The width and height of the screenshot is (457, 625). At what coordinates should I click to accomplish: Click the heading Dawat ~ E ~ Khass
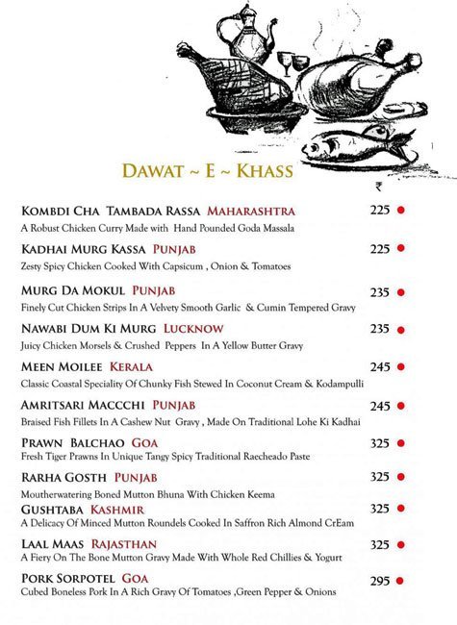coord(207,170)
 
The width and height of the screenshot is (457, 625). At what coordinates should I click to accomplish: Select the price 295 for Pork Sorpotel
coord(379,581)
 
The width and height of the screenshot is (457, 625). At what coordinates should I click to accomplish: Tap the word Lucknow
coord(196,329)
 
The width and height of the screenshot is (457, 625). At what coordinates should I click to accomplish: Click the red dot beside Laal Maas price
coord(400,545)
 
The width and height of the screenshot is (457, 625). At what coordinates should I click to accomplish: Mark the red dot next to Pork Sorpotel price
coord(400,581)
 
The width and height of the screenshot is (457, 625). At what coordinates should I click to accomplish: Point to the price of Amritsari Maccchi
coord(379,406)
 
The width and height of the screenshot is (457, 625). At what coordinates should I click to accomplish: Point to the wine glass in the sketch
coord(286,61)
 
